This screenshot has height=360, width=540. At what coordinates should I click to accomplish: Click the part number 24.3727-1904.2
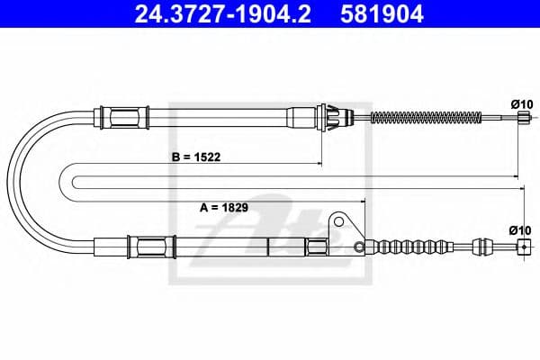[222, 13]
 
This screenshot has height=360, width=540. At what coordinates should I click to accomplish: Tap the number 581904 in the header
[382, 13]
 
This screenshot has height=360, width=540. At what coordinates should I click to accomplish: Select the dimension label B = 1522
[196, 157]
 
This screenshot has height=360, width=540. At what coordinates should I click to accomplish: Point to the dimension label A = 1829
[224, 207]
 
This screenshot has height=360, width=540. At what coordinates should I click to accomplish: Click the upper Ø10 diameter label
[522, 104]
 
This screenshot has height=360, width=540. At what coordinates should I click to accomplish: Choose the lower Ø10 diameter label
[520, 230]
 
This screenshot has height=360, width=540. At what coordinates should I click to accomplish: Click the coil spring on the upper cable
[427, 118]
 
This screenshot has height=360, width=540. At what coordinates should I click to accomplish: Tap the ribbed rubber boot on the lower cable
[411, 247]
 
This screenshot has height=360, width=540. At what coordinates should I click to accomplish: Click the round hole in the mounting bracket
[339, 221]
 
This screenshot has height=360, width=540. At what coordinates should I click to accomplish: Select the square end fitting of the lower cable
[524, 247]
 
